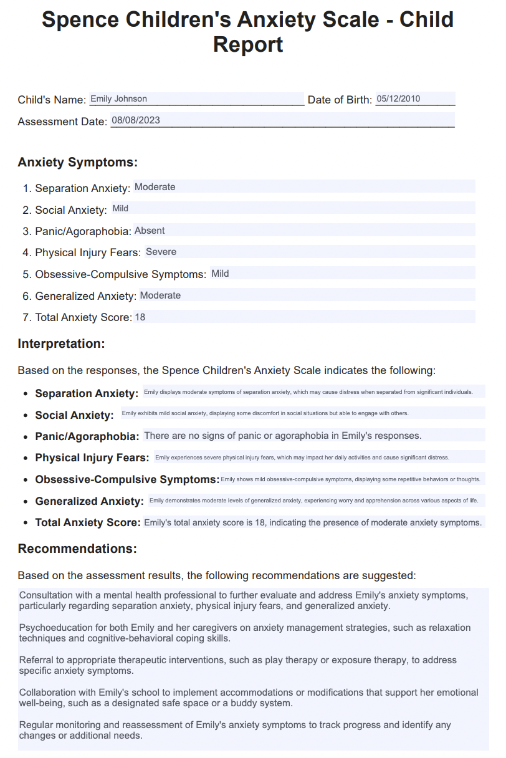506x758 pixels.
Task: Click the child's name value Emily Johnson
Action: coord(119,98)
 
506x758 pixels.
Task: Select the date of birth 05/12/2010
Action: coord(398,98)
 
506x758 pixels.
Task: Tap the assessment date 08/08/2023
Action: coord(135,120)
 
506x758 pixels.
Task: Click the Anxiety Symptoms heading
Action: coord(77,163)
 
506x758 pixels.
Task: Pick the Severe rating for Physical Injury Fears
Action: coord(161,252)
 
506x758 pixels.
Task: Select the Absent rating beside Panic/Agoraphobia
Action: coord(150,231)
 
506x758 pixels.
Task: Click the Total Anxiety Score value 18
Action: coord(140,317)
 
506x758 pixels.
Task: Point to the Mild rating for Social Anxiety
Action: coord(120,209)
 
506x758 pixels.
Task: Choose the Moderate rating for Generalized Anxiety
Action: coord(160,295)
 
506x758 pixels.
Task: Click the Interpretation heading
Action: coord(61,343)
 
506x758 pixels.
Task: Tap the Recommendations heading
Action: coord(77,549)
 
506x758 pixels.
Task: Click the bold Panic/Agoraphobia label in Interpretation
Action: coord(87,436)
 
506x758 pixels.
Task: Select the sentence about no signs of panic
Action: coord(282,436)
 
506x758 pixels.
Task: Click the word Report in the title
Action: coord(248,45)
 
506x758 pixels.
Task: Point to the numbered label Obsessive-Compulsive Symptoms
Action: coord(120,274)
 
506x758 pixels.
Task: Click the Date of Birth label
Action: coord(340,100)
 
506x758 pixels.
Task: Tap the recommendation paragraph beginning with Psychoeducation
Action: coord(245,632)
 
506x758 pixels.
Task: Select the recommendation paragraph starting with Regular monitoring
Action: coord(235,730)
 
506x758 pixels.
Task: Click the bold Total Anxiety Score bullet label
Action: coord(88,522)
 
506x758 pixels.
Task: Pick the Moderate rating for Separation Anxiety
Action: coord(155,187)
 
